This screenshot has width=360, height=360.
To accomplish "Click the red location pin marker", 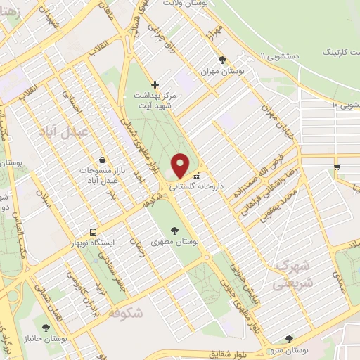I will [181, 165].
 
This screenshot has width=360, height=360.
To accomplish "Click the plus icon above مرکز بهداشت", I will [155, 84].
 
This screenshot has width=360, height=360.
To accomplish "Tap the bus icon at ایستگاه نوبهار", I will [93, 232].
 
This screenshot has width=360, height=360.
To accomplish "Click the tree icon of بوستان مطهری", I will [174, 230].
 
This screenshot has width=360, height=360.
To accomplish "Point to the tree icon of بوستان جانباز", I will [46, 327].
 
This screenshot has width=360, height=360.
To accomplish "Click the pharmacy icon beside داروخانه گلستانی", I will [196, 175].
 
